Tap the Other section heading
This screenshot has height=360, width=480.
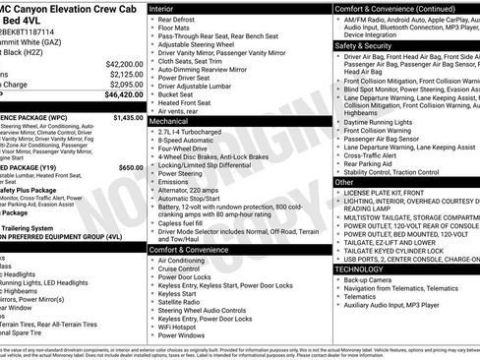[x=344, y=182]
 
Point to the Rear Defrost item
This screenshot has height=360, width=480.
[x=180, y=19]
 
